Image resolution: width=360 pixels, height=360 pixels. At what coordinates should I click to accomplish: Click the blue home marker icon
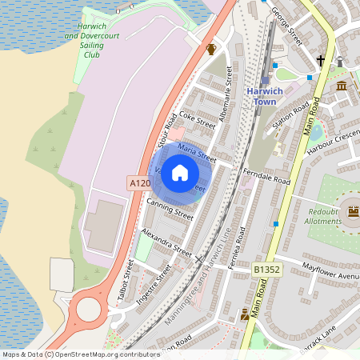click(180, 173)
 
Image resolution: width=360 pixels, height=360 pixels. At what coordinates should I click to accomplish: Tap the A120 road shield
click(138, 183)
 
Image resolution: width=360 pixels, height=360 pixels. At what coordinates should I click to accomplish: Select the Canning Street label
click(170, 209)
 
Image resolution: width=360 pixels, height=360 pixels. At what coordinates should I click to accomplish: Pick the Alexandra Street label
click(166, 241)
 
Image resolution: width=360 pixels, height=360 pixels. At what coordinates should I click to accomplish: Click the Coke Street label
click(198, 120)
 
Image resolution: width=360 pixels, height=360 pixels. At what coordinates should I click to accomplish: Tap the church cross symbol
click(321, 61)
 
